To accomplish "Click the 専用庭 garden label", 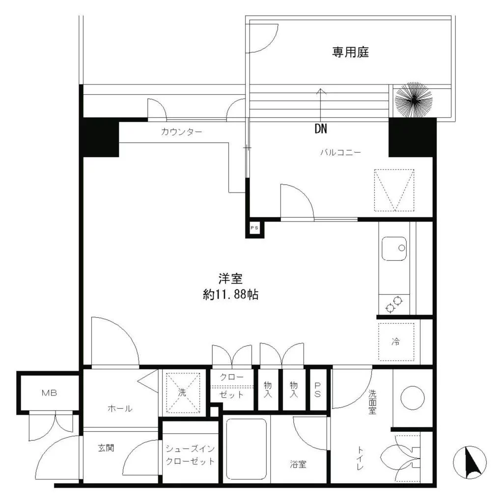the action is pyautogui.click(x=350, y=52).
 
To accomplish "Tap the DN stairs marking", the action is pyautogui.click(x=321, y=129).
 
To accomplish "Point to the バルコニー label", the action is pyautogui.click(x=341, y=152).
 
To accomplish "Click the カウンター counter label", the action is pyautogui.click(x=182, y=132).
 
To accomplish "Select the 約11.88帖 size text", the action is pyautogui.click(x=231, y=295).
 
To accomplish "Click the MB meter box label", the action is pyautogui.click(x=50, y=392).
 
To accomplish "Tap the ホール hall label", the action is pyautogui.click(x=120, y=408).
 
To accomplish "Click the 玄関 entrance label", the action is pyautogui.click(x=106, y=447).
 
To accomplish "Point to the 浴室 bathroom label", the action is pyautogui.click(x=298, y=464).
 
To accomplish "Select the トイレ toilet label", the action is pyautogui.click(x=360, y=458).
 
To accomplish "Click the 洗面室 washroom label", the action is pyautogui.click(x=372, y=402).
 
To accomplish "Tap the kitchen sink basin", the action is pyautogui.click(x=394, y=249).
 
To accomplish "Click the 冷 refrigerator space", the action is pyautogui.click(x=396, y=342).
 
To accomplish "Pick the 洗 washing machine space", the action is pyautogui.click(x=183, y=392).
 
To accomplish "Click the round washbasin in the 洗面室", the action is pyautogui.click(x=413, y=398).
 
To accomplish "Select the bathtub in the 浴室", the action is pyautogui.click(x=247, y=449).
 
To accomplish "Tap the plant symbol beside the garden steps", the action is pyautogui.click(x=414, y=100).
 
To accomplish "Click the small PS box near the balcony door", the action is pyautogui.click(x=255, y=228).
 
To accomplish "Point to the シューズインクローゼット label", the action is pyautogui.click(x=190, y=455).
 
